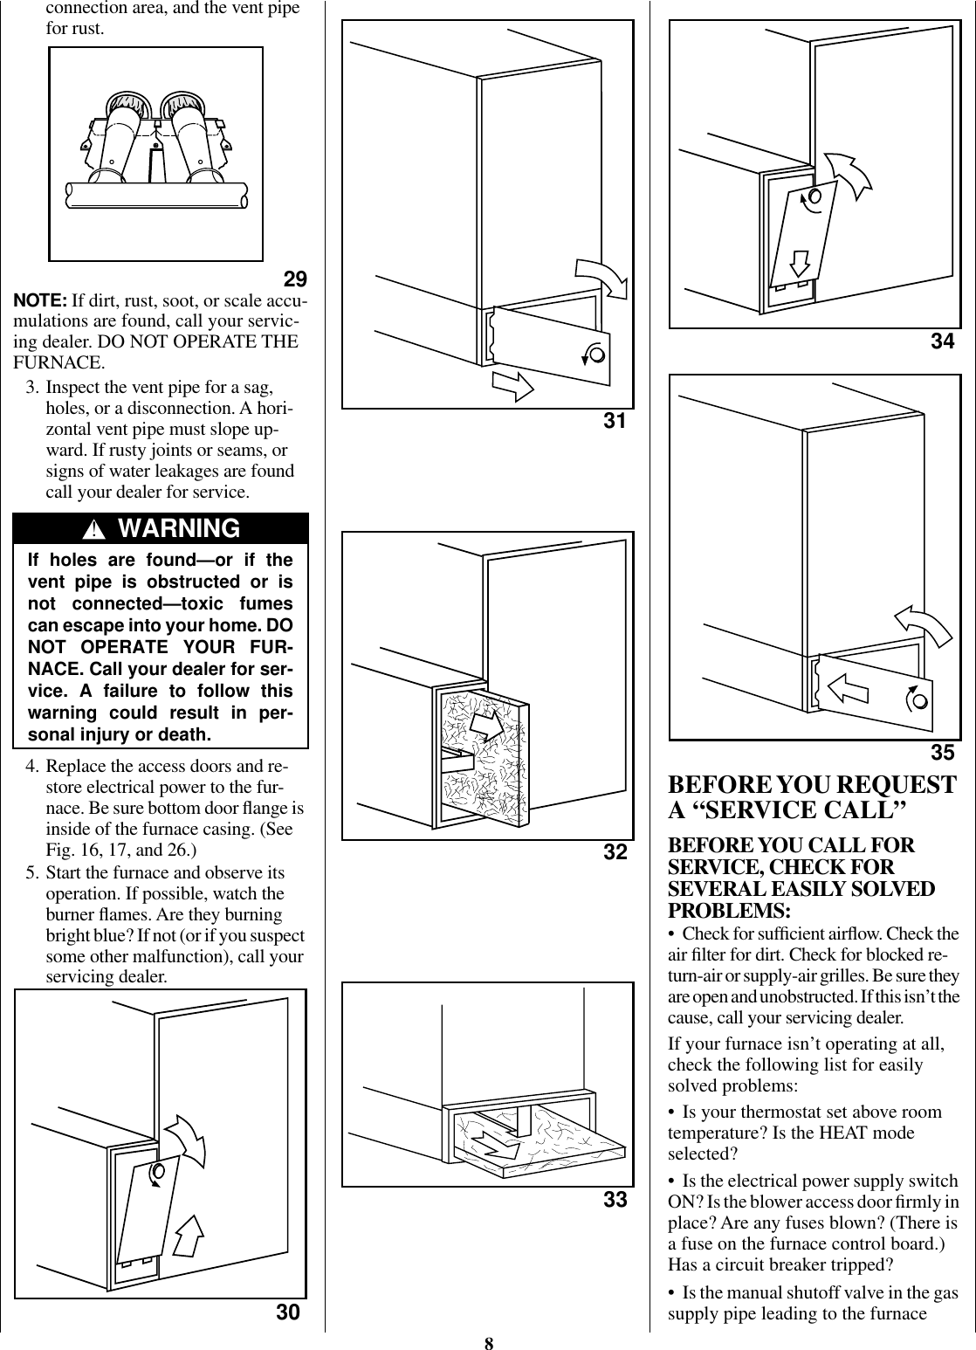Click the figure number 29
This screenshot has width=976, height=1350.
click(296, 280)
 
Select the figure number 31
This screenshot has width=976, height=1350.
click(615, 422)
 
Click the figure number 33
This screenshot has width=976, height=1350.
click(615, 1200)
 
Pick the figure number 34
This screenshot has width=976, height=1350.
click(942, 341)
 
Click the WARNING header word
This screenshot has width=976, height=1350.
click(178, 528)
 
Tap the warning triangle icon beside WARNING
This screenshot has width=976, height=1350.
click(101, 530)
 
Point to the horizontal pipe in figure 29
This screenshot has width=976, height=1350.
click(158, 195)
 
